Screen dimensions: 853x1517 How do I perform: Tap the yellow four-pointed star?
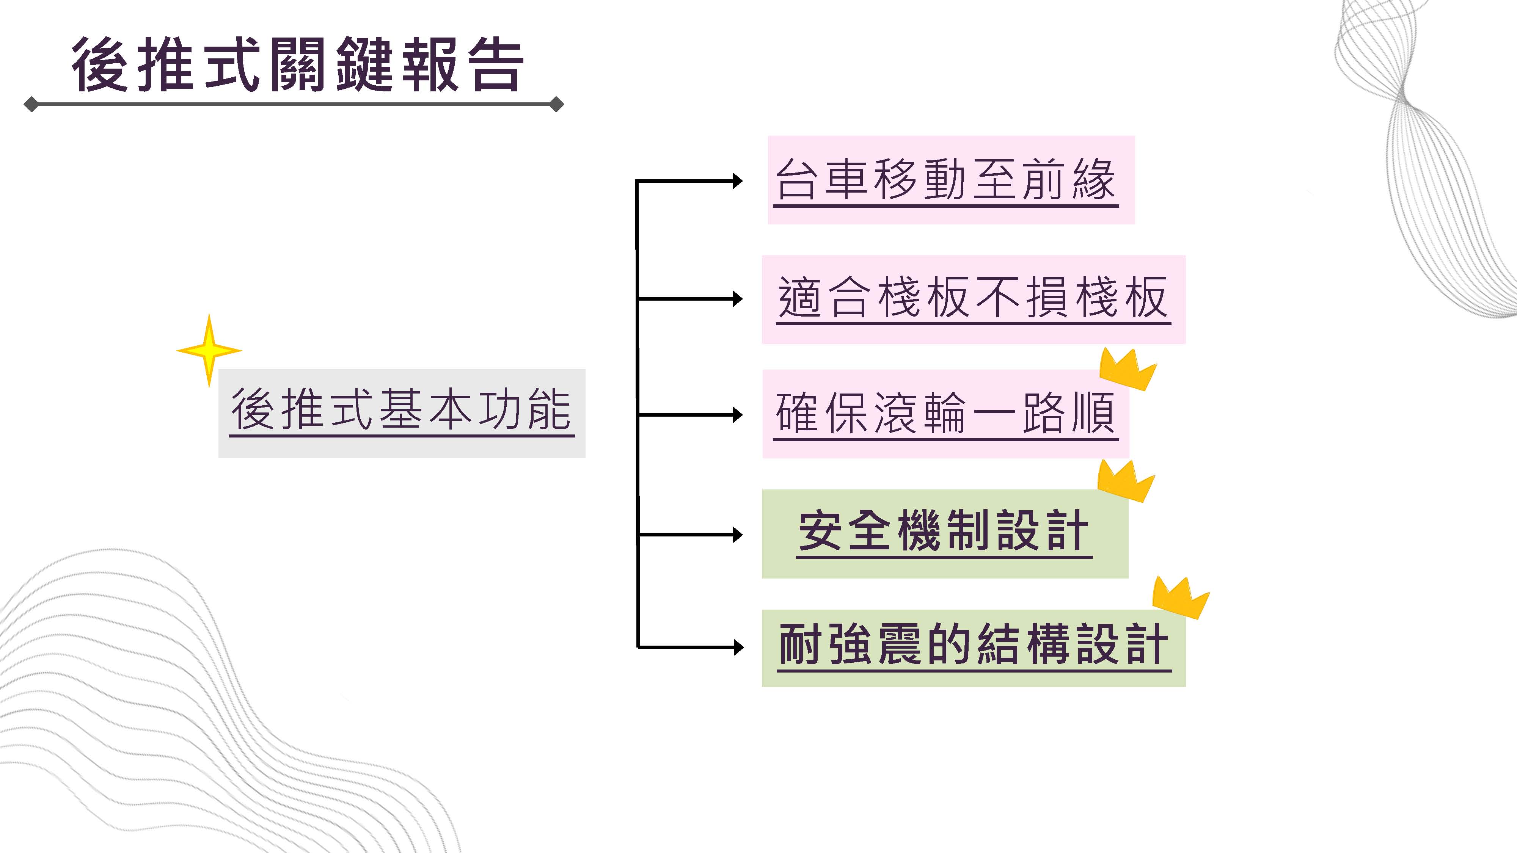(x=209, y=350)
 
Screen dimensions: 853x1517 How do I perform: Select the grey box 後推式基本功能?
(x=402, y=413)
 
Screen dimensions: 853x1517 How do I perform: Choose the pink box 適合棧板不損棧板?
(x=973, y=299)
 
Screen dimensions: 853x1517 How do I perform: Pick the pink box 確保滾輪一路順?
(x=945, y=414)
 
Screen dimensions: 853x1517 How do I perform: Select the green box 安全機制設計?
(x=945, y=533)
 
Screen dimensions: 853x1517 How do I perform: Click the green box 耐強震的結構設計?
(x=973, y=648)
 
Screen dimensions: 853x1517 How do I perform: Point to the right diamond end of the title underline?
(x=556, y=105)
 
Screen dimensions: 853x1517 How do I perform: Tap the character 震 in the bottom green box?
(x=899, y=644)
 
